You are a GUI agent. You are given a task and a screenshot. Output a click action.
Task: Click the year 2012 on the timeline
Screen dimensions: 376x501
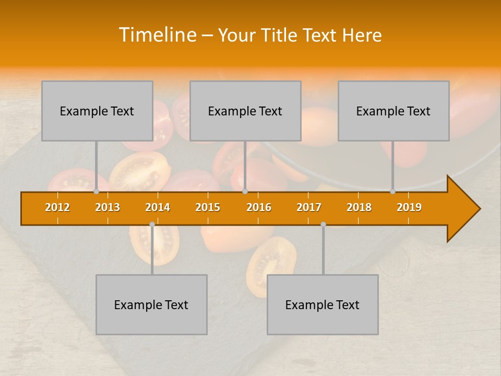pyautogui.click(x=57, y=207)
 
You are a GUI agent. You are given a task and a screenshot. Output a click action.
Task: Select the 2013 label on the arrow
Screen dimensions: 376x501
pyautogui.click(x=108, y=207)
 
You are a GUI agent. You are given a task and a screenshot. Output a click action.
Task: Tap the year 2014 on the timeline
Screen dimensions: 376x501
pyautogui.click(x=158, y=207)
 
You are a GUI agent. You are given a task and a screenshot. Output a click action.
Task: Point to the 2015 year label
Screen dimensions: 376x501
pyautogui.click(x=208, y=207)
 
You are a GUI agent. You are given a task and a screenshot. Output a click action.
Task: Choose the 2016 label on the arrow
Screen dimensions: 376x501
pyautogui.click(x=259, y=207)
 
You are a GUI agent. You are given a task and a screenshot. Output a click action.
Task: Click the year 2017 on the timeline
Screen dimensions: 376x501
pyautogui.click(x=309, y=207)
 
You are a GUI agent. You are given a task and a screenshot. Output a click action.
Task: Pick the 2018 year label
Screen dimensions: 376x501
pyautogui.click(x=359, y=207)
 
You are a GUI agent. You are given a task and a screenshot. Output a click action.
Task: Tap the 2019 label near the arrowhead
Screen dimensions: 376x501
pyautogui.click(x=409, y=207)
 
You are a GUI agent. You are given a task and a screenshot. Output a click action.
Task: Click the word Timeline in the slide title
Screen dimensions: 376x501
pyautogui.click(x=157, y=35)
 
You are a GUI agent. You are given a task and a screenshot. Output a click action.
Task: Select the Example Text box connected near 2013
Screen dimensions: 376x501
pyautogui.click(x=97, y=111)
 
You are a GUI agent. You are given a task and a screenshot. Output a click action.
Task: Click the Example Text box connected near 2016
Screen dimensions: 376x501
pyautogui.click(x=245, y=111)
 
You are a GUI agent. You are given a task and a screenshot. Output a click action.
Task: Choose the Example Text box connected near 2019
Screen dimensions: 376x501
pyautogui.click(x=393, y=111)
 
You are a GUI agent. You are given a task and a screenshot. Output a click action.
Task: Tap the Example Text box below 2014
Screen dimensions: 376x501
pyautogui.click(x=151, y=304)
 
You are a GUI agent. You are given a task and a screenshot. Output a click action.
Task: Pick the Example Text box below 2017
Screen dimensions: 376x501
pyautogui.click(x=323, y=304)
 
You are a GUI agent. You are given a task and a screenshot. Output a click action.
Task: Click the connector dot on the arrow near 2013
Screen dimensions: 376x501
pyautogui.click(x=96, y=192)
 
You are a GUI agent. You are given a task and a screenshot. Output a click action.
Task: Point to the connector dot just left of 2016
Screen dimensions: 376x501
pyautogui.click(x=245, y=192)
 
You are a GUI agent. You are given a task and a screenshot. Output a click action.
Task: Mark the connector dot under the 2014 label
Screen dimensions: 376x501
pyautogui.click(x=152, y=224)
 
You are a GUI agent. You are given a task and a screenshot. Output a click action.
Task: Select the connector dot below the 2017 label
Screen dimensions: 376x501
pyautogui.click(x=323, y=224)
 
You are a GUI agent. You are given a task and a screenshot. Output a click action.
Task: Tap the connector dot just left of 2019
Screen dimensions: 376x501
pyautogui.click(x=392, y=192)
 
